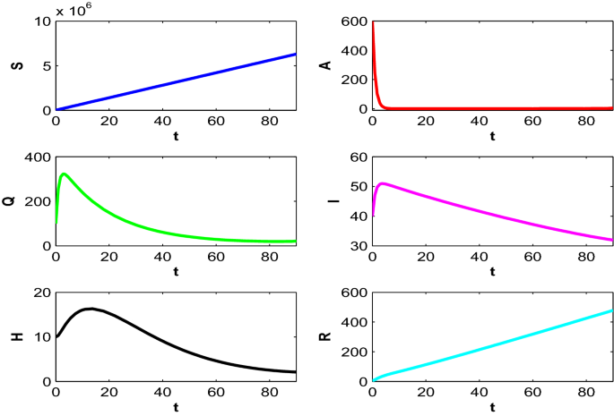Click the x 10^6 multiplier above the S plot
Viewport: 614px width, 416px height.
click(x=74, y=10)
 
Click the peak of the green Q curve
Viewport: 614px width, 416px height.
click(x=64, y=174)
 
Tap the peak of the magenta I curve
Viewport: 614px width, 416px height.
click(x=383, y=183)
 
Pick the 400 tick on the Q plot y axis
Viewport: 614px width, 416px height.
click(x=37, y=157)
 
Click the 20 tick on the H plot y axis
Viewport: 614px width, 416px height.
click(x=40, y=293)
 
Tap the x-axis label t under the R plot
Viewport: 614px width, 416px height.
click(x=493, y=407)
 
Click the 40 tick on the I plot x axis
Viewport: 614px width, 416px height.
click(x=479, y=257)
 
